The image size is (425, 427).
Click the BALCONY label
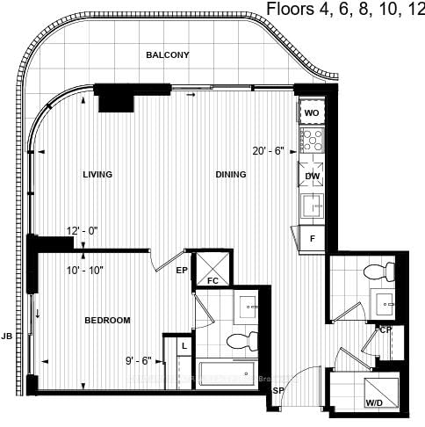coord(168,55)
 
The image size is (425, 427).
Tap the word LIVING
coord(97,175)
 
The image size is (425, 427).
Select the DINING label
coord(231,175)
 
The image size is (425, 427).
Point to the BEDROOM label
coord(107,320)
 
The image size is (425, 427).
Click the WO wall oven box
coord(312,113)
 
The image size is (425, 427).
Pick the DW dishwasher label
coord(312,177)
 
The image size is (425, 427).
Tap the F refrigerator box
coord(312,237)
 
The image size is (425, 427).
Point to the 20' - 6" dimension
coord(267,150)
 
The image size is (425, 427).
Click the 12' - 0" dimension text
coord(82,231)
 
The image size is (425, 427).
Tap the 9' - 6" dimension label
coord(140,359)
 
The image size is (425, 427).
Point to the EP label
coord(183,271)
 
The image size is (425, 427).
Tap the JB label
coord(7,336)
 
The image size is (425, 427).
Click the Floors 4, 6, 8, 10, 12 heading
coord(345,10)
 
